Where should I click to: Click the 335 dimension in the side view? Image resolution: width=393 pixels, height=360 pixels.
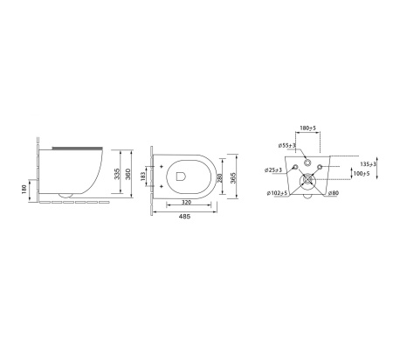pyautogui.click(x=117, y=174)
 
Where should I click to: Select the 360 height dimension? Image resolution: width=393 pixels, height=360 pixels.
pyautogui.click(x=128, y=174)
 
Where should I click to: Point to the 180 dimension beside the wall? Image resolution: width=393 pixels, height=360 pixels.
pyautogui.click(x=24, y=189)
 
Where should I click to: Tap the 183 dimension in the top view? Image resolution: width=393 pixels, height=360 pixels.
pyautogui.click(x=142, y=177)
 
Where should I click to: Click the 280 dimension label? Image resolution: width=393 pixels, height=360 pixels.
pyautogui.click(x=219, y=178)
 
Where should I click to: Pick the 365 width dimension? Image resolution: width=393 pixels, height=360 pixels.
pyautogui.click(x=233, y=177)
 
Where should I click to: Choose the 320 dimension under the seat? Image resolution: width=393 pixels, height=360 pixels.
pyautogui.click(x=186, y=202)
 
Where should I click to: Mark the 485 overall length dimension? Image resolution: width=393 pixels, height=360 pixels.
pyautogui.click(x=184, y=217)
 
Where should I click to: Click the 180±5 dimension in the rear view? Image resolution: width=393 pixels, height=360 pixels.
pyautogui.click(x=307, y=128)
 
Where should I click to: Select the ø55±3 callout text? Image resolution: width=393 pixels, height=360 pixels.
pyautogui.click(x=286, y=145)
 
